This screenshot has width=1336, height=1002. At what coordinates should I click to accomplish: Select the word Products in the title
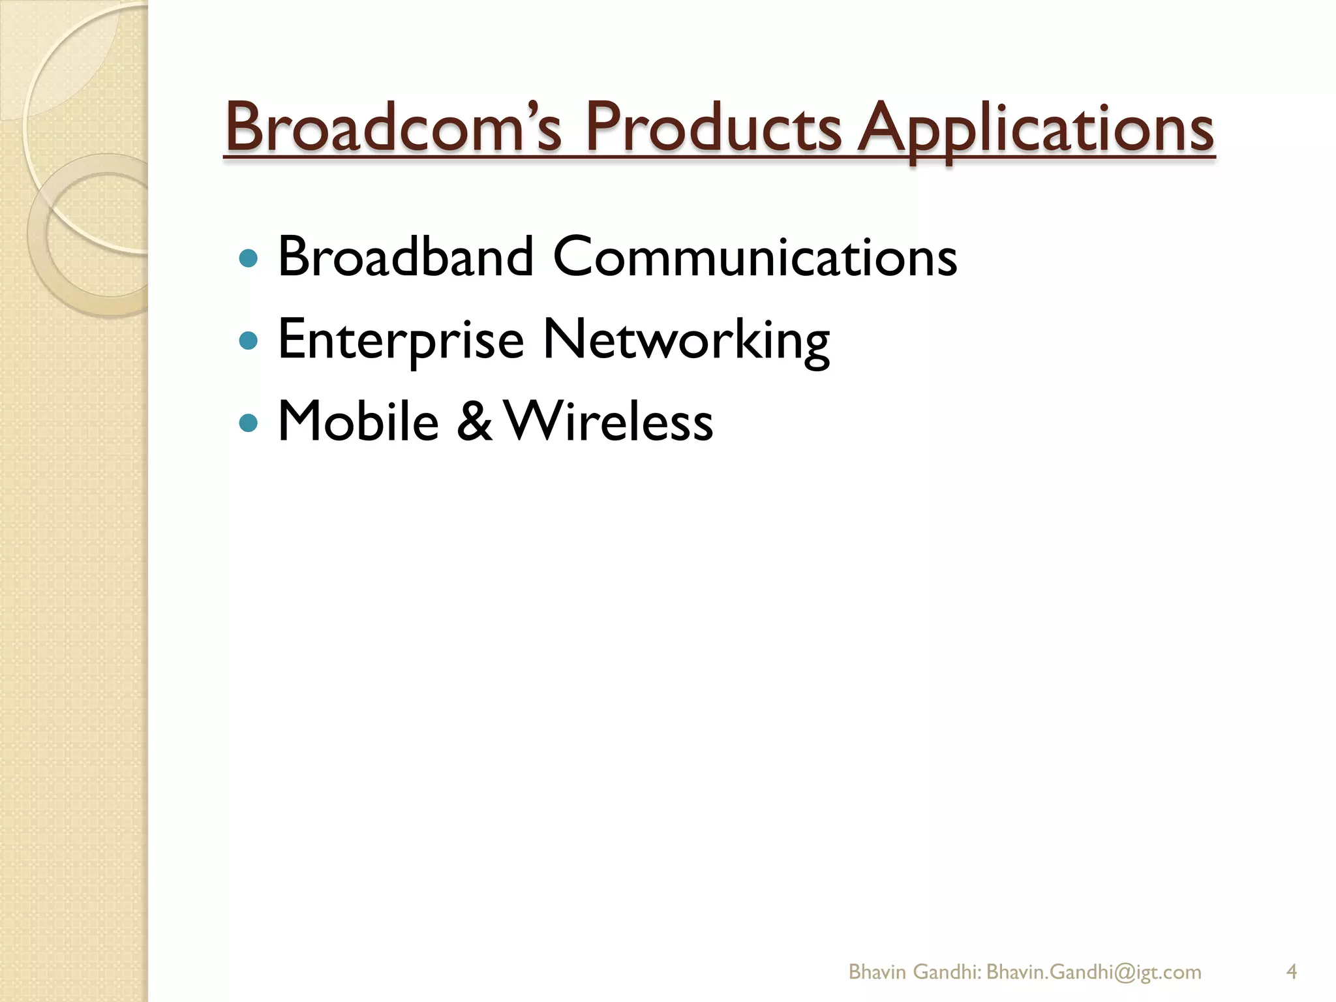point(714,127)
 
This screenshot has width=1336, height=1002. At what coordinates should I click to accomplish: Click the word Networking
point(686,340)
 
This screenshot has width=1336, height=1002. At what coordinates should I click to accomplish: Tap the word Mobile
point(358,421)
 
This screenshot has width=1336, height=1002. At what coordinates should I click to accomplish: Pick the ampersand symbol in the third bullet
point(474,421)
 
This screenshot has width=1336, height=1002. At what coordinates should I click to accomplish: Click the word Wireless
point(609,421)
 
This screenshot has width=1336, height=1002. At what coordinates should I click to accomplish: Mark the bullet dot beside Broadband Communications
point(249,258)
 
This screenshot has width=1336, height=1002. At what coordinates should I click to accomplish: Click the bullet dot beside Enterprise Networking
point(249,341)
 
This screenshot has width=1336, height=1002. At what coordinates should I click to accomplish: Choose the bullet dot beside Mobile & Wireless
point(249,423)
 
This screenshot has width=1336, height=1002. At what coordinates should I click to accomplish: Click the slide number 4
point(1291,954)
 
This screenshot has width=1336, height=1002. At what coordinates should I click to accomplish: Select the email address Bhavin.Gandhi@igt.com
point(1093,954)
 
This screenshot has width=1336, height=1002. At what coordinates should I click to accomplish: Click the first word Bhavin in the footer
point(877,954)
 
